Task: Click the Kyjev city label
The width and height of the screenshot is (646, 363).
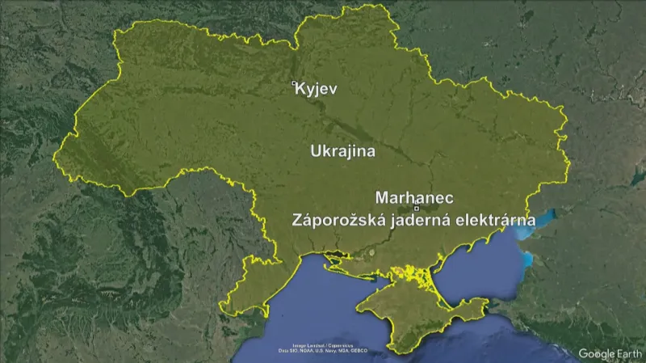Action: (317, 90)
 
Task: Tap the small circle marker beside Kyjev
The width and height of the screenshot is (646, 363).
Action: (294, 82)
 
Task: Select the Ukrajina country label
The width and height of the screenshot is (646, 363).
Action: (342, 151)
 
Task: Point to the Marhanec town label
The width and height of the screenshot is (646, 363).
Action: (414, 197)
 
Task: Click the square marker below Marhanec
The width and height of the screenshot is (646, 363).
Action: (416, 209)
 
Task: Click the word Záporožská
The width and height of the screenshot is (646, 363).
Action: (331, 220)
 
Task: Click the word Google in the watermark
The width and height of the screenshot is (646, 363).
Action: (598, 353)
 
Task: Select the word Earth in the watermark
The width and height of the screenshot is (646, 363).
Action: (630, 353)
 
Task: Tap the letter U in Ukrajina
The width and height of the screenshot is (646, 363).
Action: (316, 151)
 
